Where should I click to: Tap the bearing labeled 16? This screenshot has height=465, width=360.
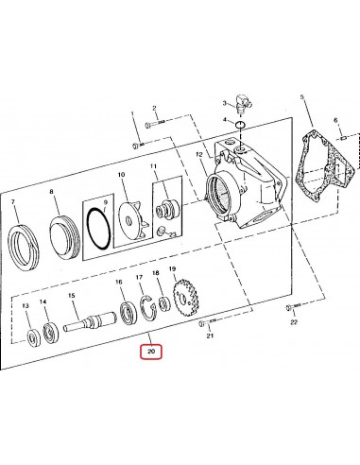(125, 311)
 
